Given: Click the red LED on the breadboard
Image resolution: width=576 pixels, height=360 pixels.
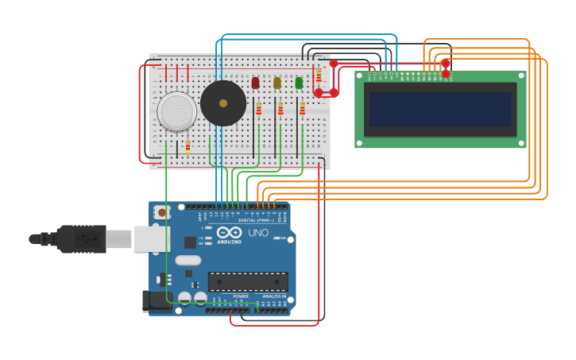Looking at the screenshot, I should tap(255, 83).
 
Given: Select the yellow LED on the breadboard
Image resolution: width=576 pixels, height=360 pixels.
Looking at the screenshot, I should tap(277, 83).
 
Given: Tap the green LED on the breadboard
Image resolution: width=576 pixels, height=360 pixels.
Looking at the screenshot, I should tap(299, 83).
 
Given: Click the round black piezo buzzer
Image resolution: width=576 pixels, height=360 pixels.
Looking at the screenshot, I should tap(223, 103).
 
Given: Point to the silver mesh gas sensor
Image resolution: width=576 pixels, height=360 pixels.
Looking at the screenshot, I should tap(176, 111).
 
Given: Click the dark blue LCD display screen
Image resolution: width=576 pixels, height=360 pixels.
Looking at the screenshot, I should tap(439, 109).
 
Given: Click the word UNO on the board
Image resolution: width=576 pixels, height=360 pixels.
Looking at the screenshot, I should tap(258, 233).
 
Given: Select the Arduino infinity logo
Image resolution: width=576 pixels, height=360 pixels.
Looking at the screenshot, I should tap(229, 233).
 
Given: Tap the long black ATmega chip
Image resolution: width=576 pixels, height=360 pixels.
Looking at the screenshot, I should tap(248, 281).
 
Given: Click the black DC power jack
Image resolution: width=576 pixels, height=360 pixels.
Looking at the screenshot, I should tap(157, 300).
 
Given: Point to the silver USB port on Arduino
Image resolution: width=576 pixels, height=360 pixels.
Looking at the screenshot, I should tap(150, 238).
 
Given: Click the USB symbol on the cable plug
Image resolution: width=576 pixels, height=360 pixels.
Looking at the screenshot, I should tap(82, 238).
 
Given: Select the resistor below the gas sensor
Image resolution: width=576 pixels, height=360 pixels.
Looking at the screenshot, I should tap(187, 146).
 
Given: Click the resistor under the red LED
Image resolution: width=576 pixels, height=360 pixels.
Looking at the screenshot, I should tap(258, 109).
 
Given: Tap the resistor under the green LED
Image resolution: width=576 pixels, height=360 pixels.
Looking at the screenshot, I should tap(302, 109).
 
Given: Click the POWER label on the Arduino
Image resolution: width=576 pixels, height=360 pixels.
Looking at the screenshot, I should tap(241, 296).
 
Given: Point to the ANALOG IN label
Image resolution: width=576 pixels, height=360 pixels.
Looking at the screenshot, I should tap(275, 296).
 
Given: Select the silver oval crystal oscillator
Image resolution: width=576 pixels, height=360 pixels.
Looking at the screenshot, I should tap(188, 260).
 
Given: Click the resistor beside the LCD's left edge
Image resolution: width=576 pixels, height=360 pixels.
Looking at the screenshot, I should tap(319, 75).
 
